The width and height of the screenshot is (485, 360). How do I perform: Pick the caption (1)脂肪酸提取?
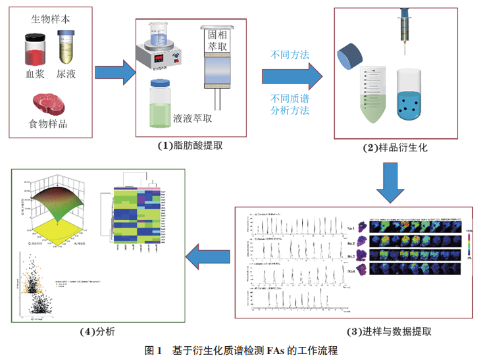tap(190, 146)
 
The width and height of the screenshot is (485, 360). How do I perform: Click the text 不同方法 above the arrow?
tap(290, 55)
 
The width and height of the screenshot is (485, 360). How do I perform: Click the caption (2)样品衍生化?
tap(395, 147)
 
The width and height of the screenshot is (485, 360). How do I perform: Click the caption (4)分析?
tap(97, 331)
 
